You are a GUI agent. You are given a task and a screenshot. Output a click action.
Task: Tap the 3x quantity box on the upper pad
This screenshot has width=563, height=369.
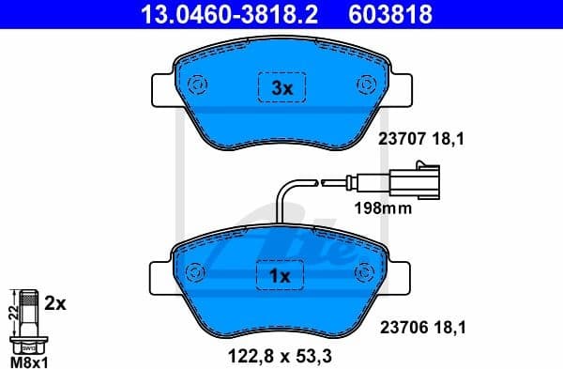(282, 88)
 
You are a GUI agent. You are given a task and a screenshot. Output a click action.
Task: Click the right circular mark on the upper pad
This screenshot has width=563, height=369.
(364, 84)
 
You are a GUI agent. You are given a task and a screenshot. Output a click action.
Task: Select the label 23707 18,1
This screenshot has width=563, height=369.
(421, 139)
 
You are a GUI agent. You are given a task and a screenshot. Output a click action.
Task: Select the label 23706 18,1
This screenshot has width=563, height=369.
(421, 328)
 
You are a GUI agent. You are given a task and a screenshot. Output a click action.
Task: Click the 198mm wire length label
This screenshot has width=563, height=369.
(382, 208)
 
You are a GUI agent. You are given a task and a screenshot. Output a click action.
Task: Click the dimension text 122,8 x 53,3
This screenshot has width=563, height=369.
(282, 356)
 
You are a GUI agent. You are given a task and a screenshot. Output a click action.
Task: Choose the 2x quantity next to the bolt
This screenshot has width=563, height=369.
(55, 304)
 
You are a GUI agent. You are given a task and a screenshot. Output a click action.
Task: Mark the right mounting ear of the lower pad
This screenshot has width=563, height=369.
(402, 276)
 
